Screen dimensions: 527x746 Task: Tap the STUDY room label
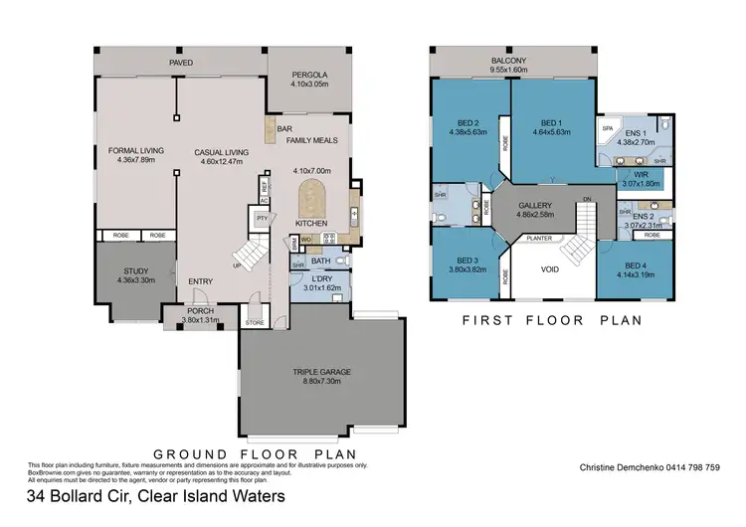[x=135, y=270]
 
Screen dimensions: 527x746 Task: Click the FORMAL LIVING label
[x=135, y=151]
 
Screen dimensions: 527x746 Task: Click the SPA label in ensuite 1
[x=607, y=129]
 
